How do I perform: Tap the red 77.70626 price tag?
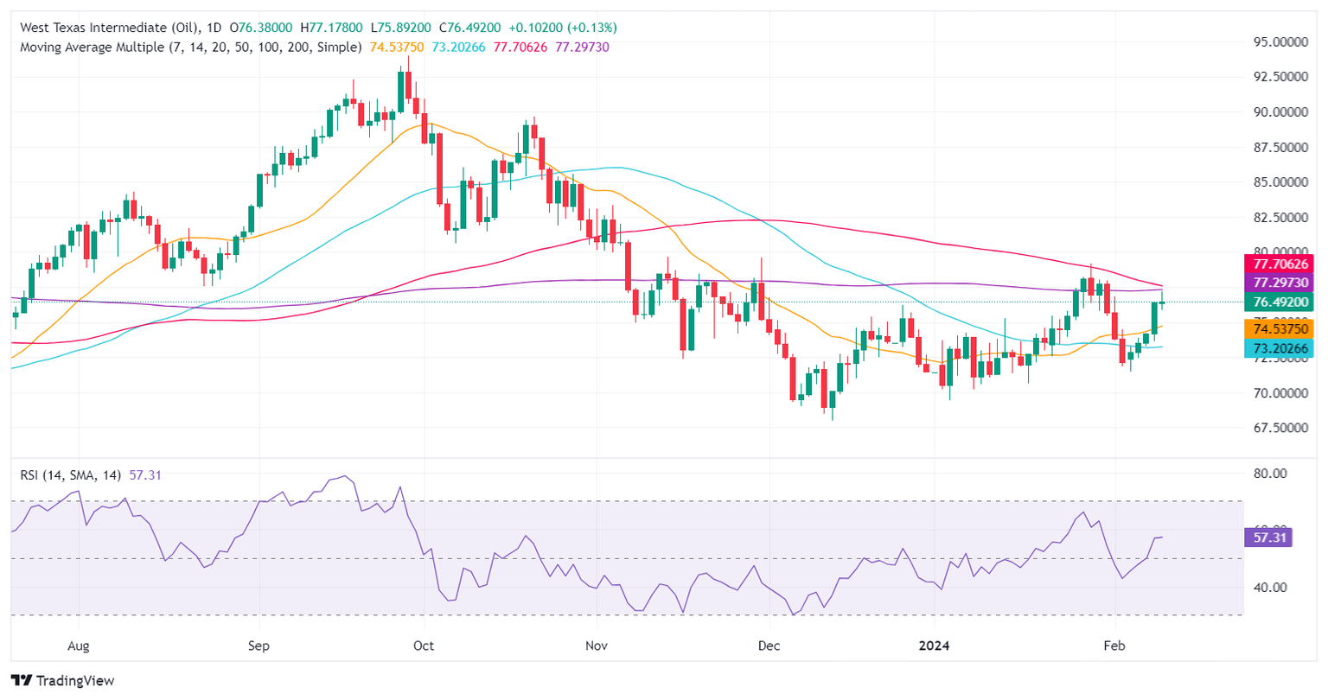point(1278,264)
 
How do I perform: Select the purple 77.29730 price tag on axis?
point(1278,283)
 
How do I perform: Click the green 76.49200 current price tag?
point(1278,302)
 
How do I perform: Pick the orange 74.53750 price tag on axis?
point(1278,328)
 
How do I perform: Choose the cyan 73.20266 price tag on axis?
point(1278,348)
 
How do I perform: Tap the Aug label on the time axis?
point(79,646)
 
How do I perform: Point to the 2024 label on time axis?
point(935,646)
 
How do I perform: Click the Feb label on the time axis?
point(1115,646)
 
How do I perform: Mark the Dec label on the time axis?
point(769,646)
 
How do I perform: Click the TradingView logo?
point(62,680)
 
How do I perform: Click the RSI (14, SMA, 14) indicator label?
point(72,474)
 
